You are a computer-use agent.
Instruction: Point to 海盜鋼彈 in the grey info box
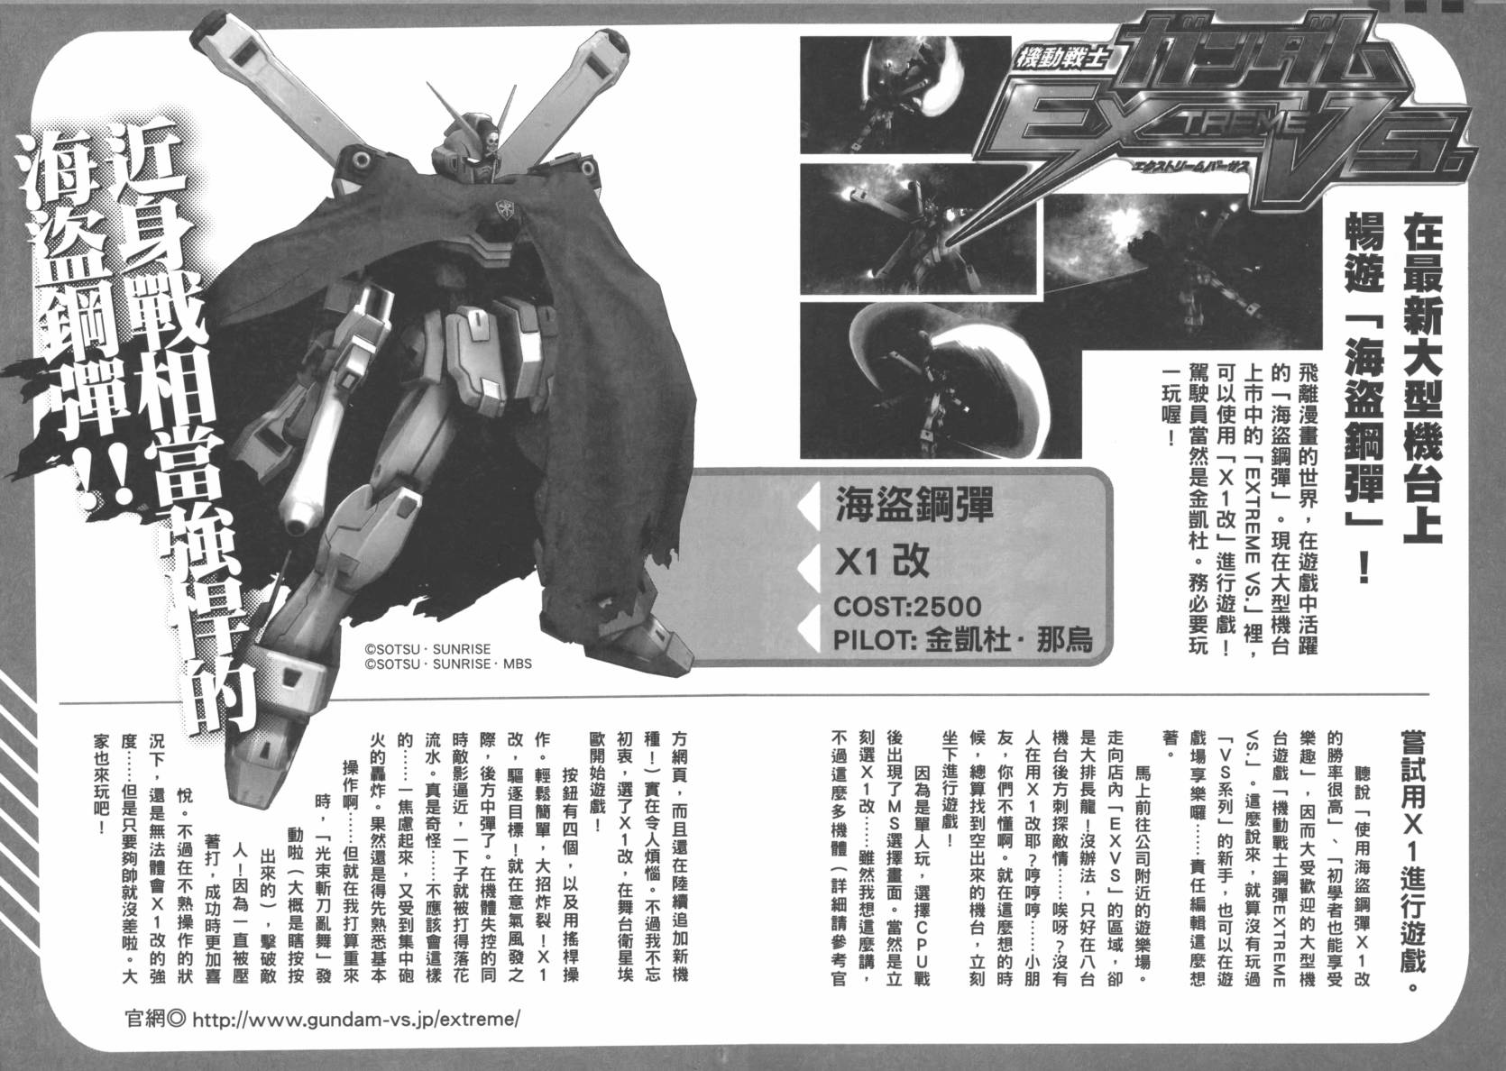tap(901, 505)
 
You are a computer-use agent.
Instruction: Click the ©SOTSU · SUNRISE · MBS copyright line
tap(448, 664)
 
